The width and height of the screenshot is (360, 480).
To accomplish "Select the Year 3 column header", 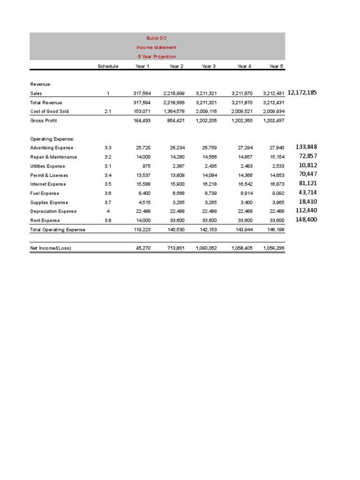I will click(x=209, y=66).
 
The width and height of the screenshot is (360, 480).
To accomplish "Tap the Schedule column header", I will click(x=108, y=66).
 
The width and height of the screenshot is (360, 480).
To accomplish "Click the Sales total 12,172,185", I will click(x=302, y=92).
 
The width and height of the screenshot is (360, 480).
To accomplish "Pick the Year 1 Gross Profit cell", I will click(x=143, y=120).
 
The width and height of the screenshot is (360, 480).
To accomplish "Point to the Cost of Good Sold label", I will click(x=49, y=112).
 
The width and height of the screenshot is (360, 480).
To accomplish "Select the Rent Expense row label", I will click(x=45, y=220).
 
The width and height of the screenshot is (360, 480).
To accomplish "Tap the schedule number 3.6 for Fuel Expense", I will click(x=108, y=193).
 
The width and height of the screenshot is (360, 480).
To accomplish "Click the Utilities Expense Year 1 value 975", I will click(x=146, y=166).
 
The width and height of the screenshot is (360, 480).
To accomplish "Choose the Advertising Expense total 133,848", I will click(x=307, y=147).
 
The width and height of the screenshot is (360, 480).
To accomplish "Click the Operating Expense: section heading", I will click(x=52, y=139).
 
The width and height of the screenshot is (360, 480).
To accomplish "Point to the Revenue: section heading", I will click(x=41, y=84).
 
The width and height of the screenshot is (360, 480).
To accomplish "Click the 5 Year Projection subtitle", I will click(x=157, y=56).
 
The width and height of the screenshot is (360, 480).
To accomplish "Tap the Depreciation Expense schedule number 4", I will click(x=108, y=211).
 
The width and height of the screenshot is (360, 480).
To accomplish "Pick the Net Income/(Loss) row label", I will click(x=51, y=248).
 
